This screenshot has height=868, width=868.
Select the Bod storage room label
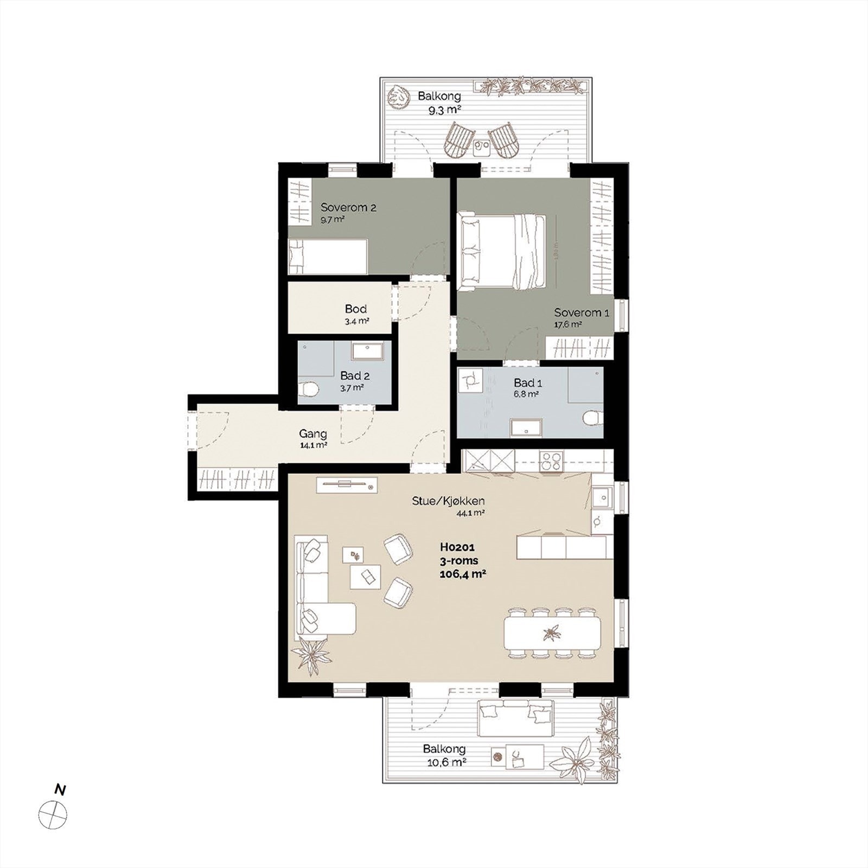[356, 309]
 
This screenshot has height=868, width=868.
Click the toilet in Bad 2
[308, 390]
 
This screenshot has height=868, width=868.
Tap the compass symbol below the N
[53, 814]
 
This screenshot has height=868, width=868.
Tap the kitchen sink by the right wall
[600, 495]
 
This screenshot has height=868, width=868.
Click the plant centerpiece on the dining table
[552, 633]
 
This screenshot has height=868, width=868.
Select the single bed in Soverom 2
[328, 257]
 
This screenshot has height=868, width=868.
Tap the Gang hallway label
[313, 434]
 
